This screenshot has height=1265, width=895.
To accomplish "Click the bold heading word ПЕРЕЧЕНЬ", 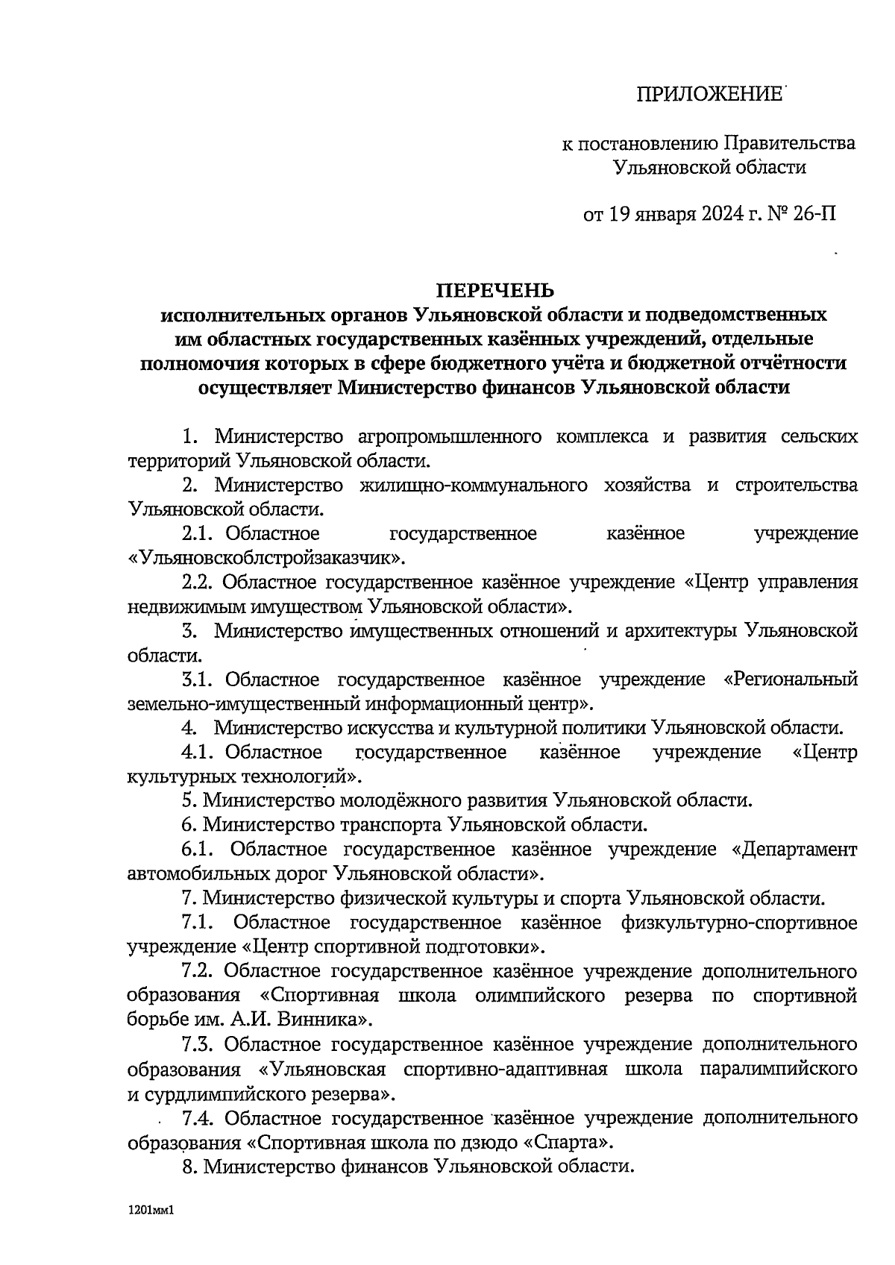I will coord(495,289).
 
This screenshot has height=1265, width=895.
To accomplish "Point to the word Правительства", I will coord(791,142).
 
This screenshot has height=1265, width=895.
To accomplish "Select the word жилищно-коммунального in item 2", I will coord(470,485).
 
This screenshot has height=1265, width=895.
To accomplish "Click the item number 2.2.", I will coord(197,582).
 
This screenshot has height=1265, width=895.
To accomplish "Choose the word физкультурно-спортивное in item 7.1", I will coord(738,923).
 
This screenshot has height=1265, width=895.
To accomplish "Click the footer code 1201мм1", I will coord(150,1212).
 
